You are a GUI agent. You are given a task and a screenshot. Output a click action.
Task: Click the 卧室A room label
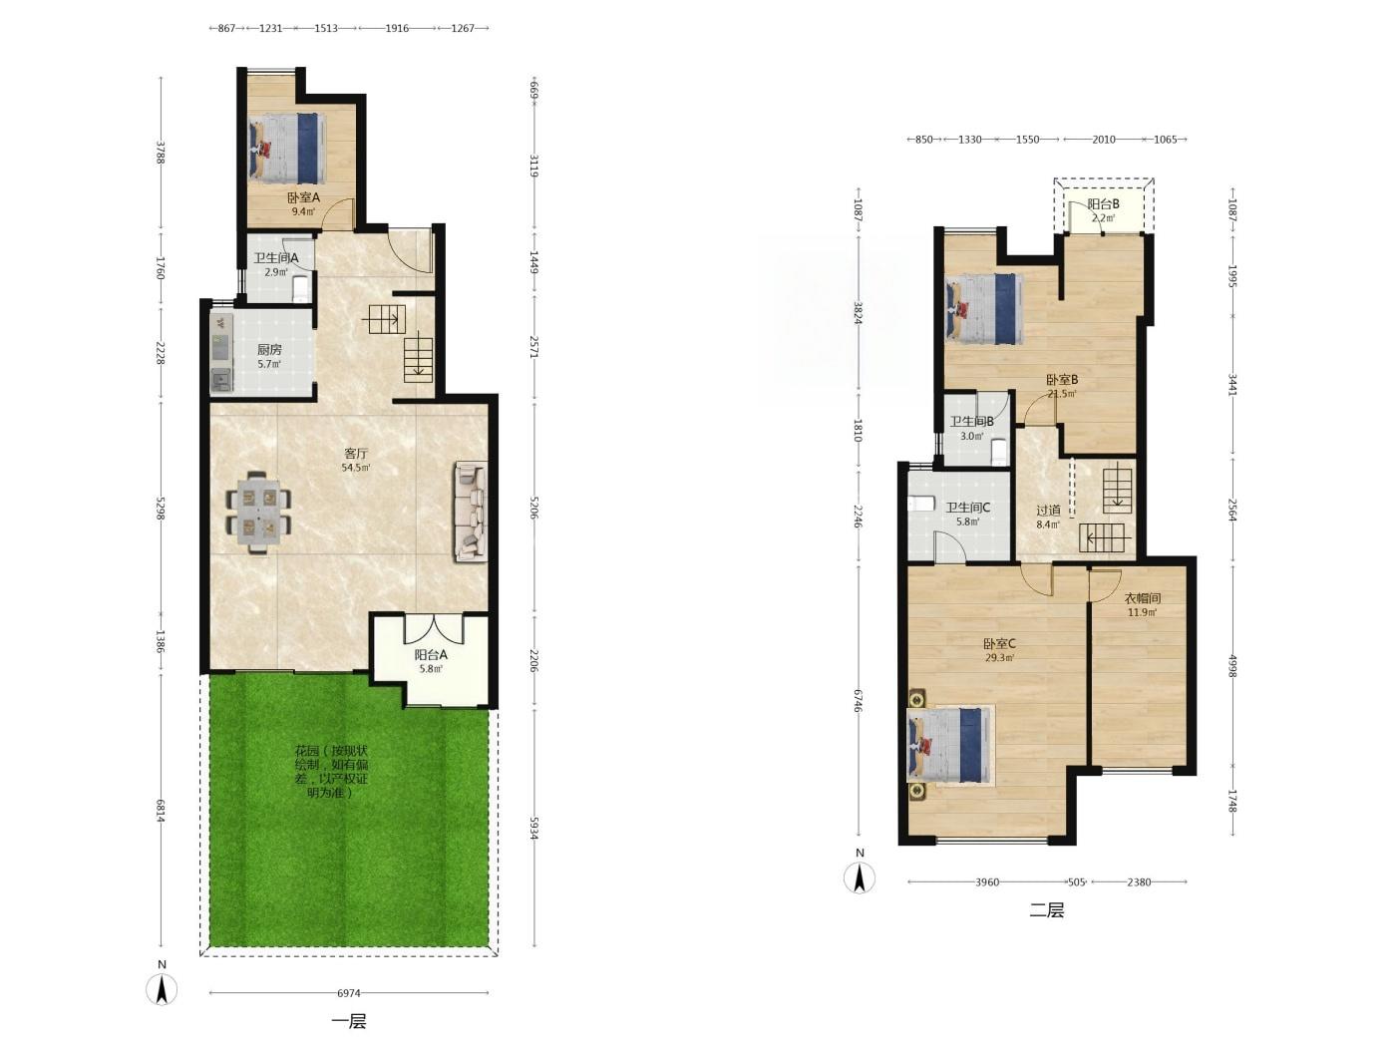click(303, 197)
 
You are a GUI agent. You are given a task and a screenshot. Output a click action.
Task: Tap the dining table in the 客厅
click(258, 513)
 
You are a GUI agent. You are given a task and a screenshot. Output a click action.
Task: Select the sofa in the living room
click(471, 512)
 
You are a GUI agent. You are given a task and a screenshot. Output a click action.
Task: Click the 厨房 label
click(269, 350)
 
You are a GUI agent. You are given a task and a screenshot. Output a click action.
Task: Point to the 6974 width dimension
click(349, 993)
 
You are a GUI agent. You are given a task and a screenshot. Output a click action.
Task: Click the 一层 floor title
click(349, 1021)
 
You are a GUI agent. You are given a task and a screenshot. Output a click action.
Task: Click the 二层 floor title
click(1046, 910)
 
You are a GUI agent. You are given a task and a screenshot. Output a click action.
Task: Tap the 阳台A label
click(431, 655)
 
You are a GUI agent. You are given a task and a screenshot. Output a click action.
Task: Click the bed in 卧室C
click(950, 746)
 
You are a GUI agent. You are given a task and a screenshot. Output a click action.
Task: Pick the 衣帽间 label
click(1143, 598)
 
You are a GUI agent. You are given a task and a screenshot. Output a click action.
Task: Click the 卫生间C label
click(967, 508)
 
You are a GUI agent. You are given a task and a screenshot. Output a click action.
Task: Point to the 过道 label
click(1048, 510)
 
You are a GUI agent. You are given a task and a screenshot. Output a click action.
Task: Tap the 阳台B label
click(1103, 204)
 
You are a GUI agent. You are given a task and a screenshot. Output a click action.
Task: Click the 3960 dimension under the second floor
click(987, 881)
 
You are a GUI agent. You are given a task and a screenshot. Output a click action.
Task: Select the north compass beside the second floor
click(860, 878)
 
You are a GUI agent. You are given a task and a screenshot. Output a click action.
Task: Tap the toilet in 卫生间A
click(301, 287)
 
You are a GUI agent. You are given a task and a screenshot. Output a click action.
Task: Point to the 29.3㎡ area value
click(999, 658)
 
